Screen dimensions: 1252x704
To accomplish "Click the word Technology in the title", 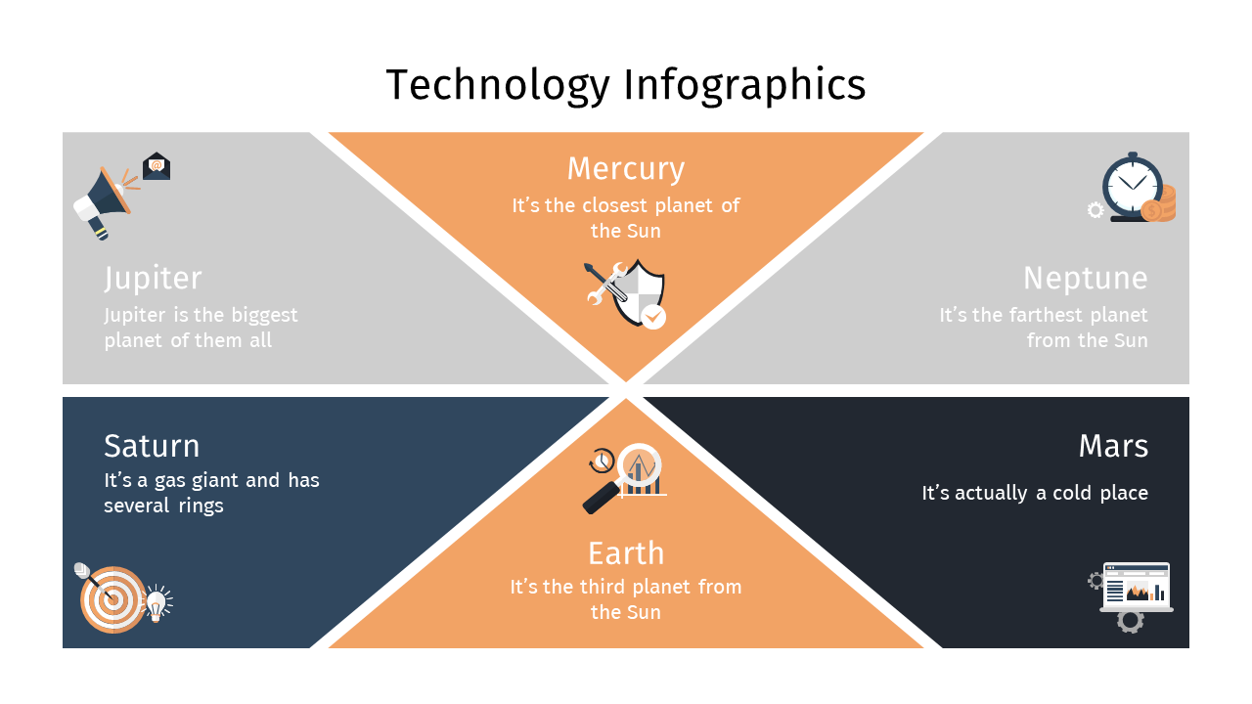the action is pos(498,85).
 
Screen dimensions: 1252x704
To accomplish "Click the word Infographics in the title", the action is pos(744,85).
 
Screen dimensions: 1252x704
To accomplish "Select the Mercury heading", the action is pos(625,169).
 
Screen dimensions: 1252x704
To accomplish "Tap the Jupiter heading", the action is pos(153,279).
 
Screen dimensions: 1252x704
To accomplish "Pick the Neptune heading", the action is pos(1086,279).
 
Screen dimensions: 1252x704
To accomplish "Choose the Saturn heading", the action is pos(152,447).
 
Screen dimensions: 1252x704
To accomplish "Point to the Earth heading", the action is pos(626,553).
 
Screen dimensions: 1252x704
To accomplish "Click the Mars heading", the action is pos(1113,447).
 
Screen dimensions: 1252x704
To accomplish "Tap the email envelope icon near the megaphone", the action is pos(156,166).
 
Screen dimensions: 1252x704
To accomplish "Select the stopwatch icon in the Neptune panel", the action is pos(1133,187).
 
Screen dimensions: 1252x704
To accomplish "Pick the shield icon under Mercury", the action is pos(639,292).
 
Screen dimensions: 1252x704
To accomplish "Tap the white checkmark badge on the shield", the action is pos(652,317).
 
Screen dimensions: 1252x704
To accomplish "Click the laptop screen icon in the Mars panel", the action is pos(1137,587).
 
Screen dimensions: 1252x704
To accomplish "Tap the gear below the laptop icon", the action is pos(1130,622).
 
